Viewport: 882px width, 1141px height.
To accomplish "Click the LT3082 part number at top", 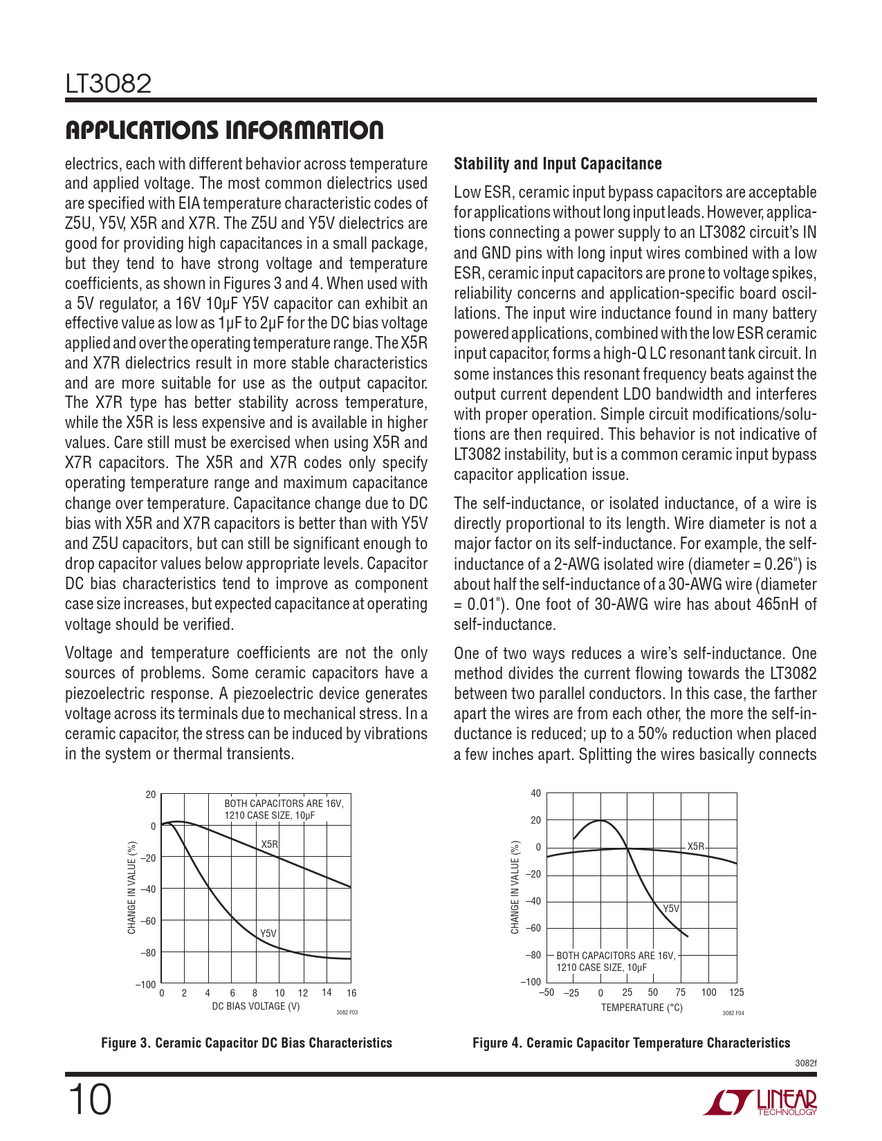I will [108, 84].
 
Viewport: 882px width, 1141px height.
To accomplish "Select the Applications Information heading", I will [224, 131].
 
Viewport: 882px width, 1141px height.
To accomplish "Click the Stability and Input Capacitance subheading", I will [558, 164].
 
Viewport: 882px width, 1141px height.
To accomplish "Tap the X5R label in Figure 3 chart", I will [270, 844].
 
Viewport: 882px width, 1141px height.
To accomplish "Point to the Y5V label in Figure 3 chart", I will [268, 934].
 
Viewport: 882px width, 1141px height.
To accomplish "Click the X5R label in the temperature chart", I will [695, 846].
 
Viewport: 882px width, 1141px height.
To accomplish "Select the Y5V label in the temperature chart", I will [671, 909].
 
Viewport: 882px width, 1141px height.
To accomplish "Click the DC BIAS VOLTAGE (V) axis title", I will [256, 1006].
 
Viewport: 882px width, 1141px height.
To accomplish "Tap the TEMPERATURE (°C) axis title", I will [641, 1008].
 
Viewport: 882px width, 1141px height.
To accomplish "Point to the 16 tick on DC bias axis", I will [351, 993].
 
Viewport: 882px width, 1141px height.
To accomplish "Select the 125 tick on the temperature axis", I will [737, 992].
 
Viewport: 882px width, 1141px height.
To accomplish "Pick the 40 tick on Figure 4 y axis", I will [535, 793].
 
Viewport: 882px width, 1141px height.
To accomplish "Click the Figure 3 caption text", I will [246, 1043].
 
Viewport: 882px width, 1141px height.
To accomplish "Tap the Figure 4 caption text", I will [631, 1043].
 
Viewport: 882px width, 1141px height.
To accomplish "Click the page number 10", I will [89, 1100].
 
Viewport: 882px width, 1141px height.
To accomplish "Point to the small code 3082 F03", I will [347, 1012].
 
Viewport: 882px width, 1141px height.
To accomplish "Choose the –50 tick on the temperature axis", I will [546, 992].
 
